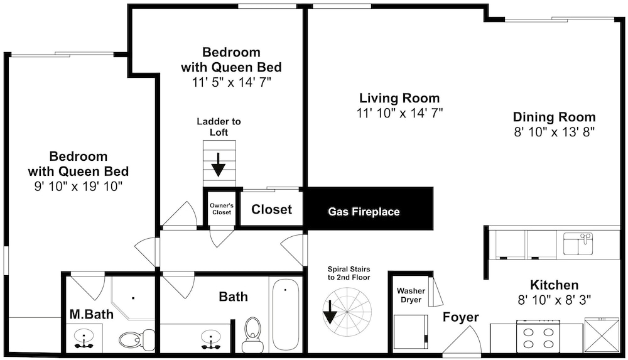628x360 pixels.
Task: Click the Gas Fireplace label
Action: [x=364, y=212]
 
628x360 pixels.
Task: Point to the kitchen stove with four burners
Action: [x=538, y=336]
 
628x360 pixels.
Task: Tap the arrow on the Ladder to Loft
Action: [x=219, y=165]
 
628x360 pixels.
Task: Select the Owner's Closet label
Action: [x=222, y=209]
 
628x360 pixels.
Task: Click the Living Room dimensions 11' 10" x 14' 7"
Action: [x=399, y=113]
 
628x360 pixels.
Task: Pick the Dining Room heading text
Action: [x=555, y=117]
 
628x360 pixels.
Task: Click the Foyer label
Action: [x=460, y=317]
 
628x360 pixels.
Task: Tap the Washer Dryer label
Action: [x=411, y=295]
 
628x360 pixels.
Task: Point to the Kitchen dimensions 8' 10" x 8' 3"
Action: [x=555, y=300]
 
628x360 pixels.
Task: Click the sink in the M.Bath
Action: [x=84, y=340]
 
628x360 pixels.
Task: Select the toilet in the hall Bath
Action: [x=252, y=334]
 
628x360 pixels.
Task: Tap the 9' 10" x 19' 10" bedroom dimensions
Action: [x=78, y=187]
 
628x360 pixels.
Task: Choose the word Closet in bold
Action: [x=271, y=209]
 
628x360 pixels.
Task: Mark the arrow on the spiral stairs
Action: [x=330, y=312]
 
